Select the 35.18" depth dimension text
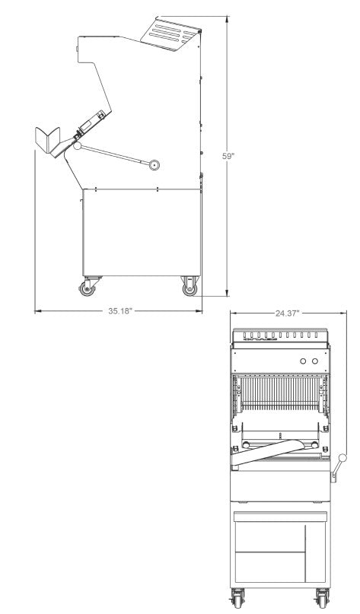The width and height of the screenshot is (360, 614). point(119,310)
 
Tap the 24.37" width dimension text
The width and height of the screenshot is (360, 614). point(287,313)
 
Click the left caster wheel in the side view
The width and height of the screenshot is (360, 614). point(85,288)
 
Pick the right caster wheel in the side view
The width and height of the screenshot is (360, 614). point(189,288)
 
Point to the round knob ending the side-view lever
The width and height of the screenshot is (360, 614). point(155,164)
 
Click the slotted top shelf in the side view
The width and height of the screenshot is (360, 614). point(174,32)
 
